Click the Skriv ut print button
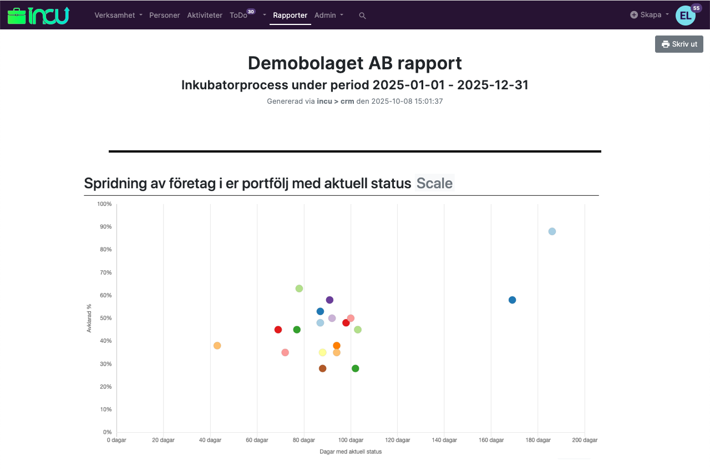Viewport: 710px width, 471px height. pos(679,44)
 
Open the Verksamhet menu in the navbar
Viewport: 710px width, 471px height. pos(118,16)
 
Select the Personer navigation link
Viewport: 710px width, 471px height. pos(165,16)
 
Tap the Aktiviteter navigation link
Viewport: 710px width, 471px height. pos(205,16)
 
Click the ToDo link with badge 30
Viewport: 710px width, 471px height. pos(239,16)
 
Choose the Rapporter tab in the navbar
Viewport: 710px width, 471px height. pos(290,16)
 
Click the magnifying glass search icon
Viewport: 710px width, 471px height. pos(363,16)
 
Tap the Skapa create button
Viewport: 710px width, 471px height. pos(650,15)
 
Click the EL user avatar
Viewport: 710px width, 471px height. pos(685,16)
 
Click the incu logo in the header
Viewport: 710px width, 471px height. pos(38,16)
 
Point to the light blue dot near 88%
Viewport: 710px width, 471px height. pos(552,231)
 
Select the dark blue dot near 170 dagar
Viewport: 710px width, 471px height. pos(513,300)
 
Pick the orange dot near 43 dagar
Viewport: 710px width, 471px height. pos(217,346)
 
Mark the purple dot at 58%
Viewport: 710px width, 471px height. pos(329,300)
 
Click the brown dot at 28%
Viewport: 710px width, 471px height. pos(323,368)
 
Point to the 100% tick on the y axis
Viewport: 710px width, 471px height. pos(104,204)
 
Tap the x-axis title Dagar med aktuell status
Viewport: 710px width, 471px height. pos(351,452)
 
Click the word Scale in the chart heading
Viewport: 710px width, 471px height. pos(434,183)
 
